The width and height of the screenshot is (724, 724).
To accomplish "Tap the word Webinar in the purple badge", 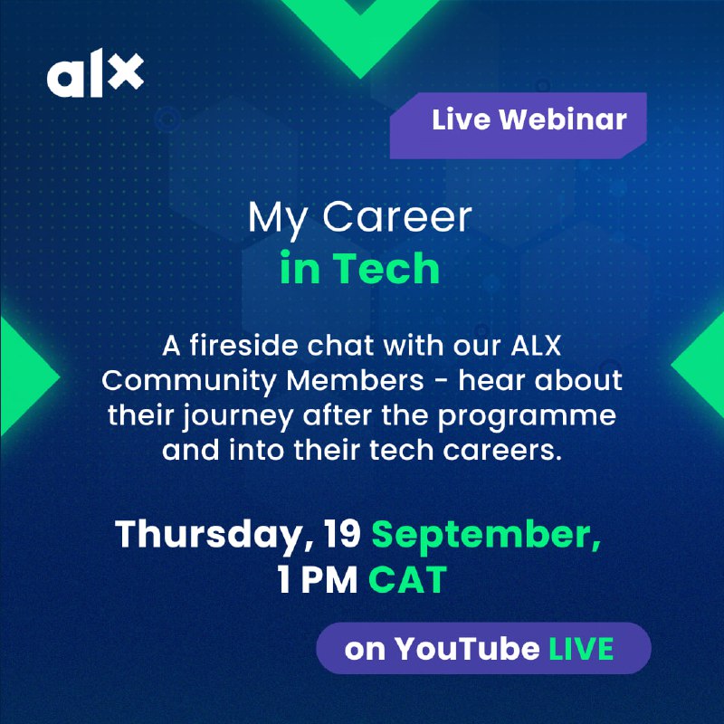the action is pos(564,119).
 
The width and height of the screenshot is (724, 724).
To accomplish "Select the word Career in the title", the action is pos(397,217).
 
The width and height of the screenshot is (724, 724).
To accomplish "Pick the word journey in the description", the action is pos(237,417).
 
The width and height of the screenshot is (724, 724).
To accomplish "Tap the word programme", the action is pos(527,417).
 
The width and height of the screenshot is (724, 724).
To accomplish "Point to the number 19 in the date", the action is pos(342,534).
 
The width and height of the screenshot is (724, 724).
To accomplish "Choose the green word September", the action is pos(486,536).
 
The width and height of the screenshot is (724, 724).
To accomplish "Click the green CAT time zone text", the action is pos(408,580).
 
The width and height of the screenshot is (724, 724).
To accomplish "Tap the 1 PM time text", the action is pos(318,580).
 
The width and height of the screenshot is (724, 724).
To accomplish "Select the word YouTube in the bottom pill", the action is pos(467,649).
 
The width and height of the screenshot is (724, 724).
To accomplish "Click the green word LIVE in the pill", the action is pos(581,649).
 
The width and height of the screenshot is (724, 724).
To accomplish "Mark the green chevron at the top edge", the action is pos(360,33).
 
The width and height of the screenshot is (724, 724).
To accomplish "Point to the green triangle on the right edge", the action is pos(700,365).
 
